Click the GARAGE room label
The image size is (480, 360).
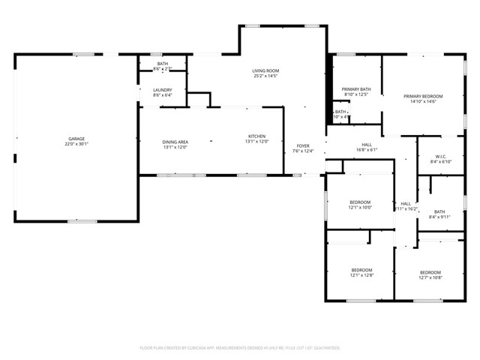pos(76,139)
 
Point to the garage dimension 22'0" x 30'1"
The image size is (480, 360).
pos(76,145)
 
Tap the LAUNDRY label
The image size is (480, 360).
pos(163,89)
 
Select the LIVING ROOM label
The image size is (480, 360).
pos(265,70)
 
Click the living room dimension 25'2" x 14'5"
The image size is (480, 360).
pos(265,76)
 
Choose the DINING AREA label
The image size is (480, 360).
pos(175,142)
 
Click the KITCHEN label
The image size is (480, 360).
pos(256,136)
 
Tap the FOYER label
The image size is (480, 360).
pos(303,146)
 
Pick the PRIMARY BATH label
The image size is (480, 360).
pos(357,89)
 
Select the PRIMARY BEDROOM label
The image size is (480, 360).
pos(423,96)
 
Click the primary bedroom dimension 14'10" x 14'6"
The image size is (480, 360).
pos(423,102)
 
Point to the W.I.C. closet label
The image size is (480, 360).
pos(439,156)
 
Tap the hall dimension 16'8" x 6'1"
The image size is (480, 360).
pos(367,150)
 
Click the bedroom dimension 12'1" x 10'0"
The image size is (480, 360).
pos(360,208)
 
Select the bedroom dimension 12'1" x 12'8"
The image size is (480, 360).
pos(361,276)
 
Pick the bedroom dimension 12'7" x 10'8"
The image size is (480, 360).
pos(430,278)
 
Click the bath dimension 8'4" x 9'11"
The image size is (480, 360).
pos(439,217)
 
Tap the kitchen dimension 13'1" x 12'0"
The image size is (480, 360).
pos(256,142)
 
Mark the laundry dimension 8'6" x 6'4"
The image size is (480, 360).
pos(163,95)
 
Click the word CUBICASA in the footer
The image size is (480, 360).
pos(198,348)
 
